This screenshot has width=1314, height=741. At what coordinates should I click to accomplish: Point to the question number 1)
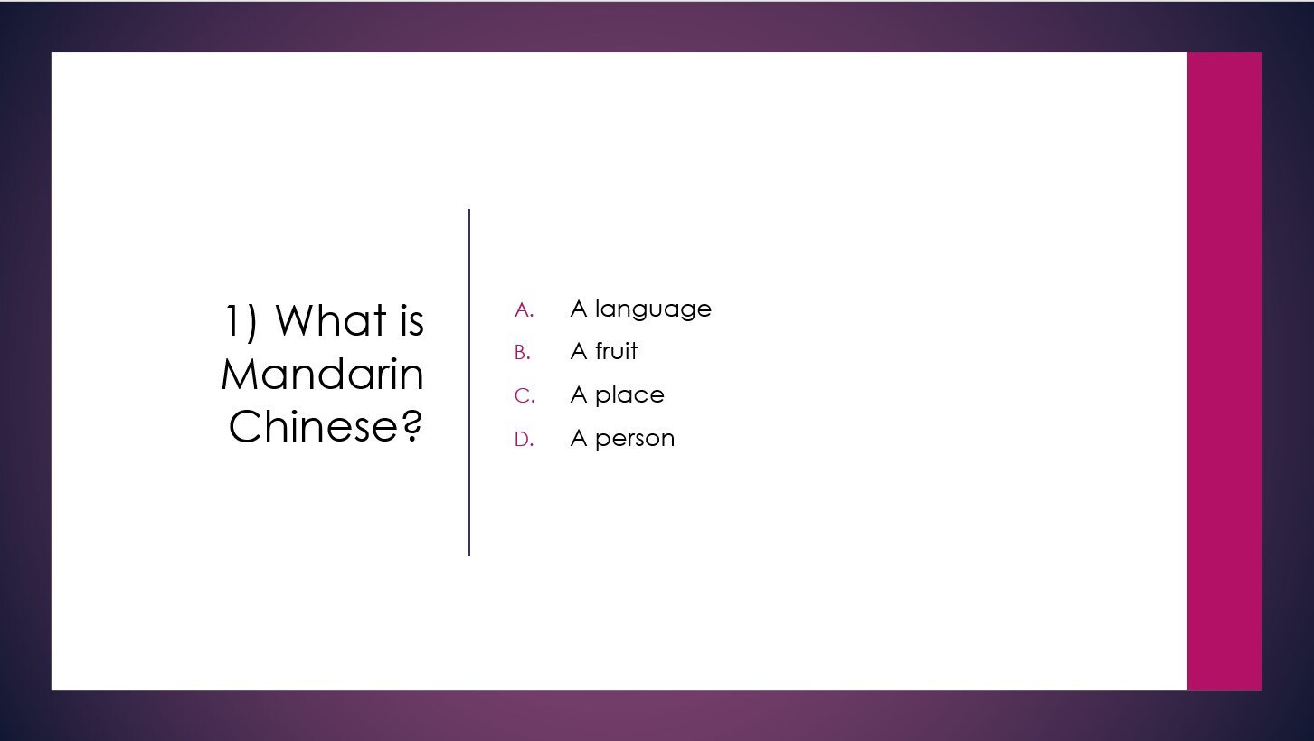point(241,321)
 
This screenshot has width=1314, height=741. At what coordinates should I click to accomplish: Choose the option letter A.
point(523,310)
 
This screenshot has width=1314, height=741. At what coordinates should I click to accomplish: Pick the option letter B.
point(522,353)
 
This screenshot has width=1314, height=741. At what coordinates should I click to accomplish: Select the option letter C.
point(524,396)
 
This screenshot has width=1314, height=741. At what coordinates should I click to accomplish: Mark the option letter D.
point(523,440)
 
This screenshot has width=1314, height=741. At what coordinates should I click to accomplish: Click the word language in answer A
point(653,310)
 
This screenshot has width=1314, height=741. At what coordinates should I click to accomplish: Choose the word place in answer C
point(629,396)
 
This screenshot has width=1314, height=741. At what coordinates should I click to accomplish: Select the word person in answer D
point(635,440)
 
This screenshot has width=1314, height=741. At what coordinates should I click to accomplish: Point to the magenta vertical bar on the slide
point(1224,371)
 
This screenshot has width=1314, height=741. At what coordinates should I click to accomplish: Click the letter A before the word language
point(579,309)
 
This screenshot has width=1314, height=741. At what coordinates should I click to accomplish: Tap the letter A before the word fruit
point(579,351)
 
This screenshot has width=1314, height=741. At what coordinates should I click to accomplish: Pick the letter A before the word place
point(579,395)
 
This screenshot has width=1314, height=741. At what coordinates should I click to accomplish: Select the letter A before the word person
point(579,439)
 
